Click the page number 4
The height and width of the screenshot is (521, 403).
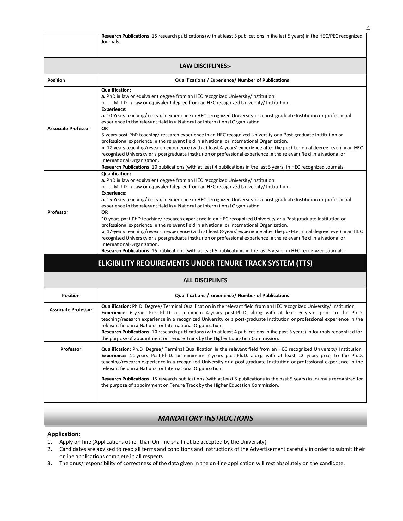[368, 28]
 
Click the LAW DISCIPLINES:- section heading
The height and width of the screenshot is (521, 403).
[205, 66]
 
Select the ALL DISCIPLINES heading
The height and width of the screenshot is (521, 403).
[205, 280]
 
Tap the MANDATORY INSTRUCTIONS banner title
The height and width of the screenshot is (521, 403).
[205, 418]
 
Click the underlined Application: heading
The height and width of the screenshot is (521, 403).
[64, 434]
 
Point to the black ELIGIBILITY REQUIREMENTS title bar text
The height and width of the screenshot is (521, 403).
[205, 263]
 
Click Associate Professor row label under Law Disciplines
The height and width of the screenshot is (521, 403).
[69, 128]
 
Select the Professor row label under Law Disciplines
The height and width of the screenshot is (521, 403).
[58, 212]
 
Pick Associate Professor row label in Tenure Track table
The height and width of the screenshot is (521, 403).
[71, 309]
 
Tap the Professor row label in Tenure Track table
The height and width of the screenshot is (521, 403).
[71, 349]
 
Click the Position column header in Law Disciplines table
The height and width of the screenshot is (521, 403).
[56, 80]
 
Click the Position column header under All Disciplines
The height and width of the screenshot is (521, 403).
[71, 295]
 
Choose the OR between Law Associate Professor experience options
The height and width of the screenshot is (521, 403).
[105, 128]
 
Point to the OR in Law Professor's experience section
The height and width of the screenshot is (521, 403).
[105, 212]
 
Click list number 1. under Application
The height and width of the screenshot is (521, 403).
[50, 442]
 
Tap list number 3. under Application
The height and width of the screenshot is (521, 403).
[50, 463]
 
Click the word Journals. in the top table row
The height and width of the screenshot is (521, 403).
[111, 42]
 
